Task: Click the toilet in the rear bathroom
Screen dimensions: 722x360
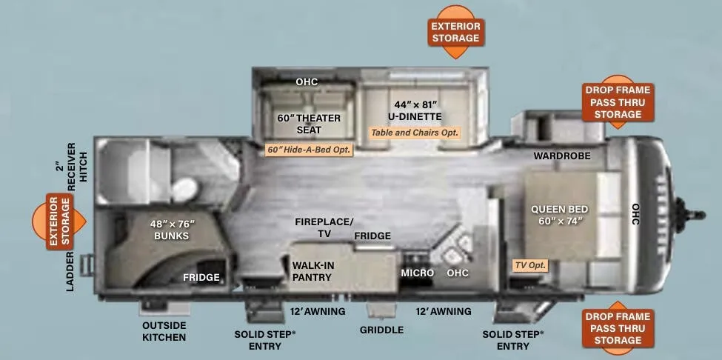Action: [x=184, y=189]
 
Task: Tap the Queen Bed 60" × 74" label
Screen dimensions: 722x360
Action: [x=559, y=215]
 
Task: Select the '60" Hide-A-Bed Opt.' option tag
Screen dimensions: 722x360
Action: [x=309, y=150]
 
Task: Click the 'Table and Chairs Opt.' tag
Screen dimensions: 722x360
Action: [x=415, y=133]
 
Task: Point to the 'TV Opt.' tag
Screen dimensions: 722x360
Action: [x=530, y=265]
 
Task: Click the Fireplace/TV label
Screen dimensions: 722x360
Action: [x=324, y=227]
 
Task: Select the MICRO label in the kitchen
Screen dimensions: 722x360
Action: [x=417, y=273]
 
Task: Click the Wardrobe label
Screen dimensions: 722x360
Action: [x=562, y=156]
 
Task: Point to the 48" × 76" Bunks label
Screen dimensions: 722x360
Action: [x=173, y=230]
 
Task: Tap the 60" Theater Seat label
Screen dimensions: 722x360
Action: [x=309, y=124]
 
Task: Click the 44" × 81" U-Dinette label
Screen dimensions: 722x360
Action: [x=415, y=110]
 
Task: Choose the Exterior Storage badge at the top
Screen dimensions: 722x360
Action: [x=456, y=32]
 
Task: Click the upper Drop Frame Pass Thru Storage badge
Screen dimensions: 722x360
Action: [x=618, y=101]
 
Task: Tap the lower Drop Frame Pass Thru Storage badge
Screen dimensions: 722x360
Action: [x=618, y=328]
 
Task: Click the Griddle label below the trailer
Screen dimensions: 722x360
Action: [x=381, y=330]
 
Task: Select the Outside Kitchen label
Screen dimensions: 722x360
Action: [x=164, y=331]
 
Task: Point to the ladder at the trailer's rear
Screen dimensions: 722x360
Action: [x=87, y=265]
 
